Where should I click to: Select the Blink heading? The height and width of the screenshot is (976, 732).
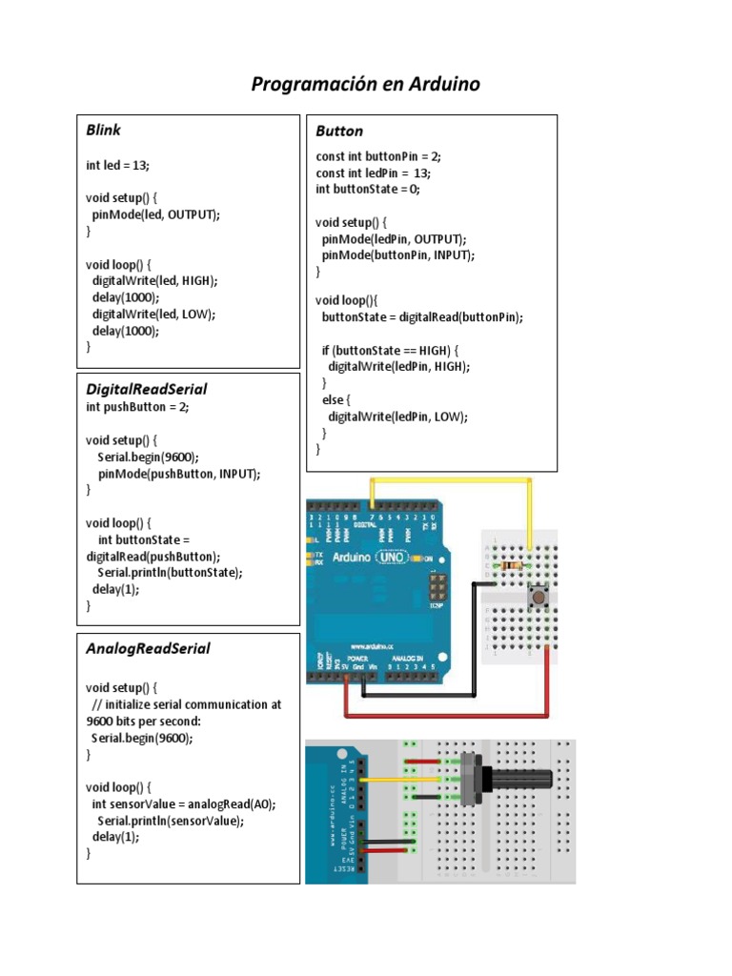point(103,130)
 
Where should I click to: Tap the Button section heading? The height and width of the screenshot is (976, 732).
point(339,132)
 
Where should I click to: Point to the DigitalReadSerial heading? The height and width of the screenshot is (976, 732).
point(146,389)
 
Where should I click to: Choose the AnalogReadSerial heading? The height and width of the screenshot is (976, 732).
point(148,648)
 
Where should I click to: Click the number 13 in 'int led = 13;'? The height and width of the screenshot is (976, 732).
point(139,165)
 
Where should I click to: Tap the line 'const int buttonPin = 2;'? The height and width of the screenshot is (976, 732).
point(378,156)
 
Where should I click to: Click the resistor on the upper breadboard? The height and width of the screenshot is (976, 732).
point(512,566)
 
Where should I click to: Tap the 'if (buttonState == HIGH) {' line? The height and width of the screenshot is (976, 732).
point(391,350)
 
